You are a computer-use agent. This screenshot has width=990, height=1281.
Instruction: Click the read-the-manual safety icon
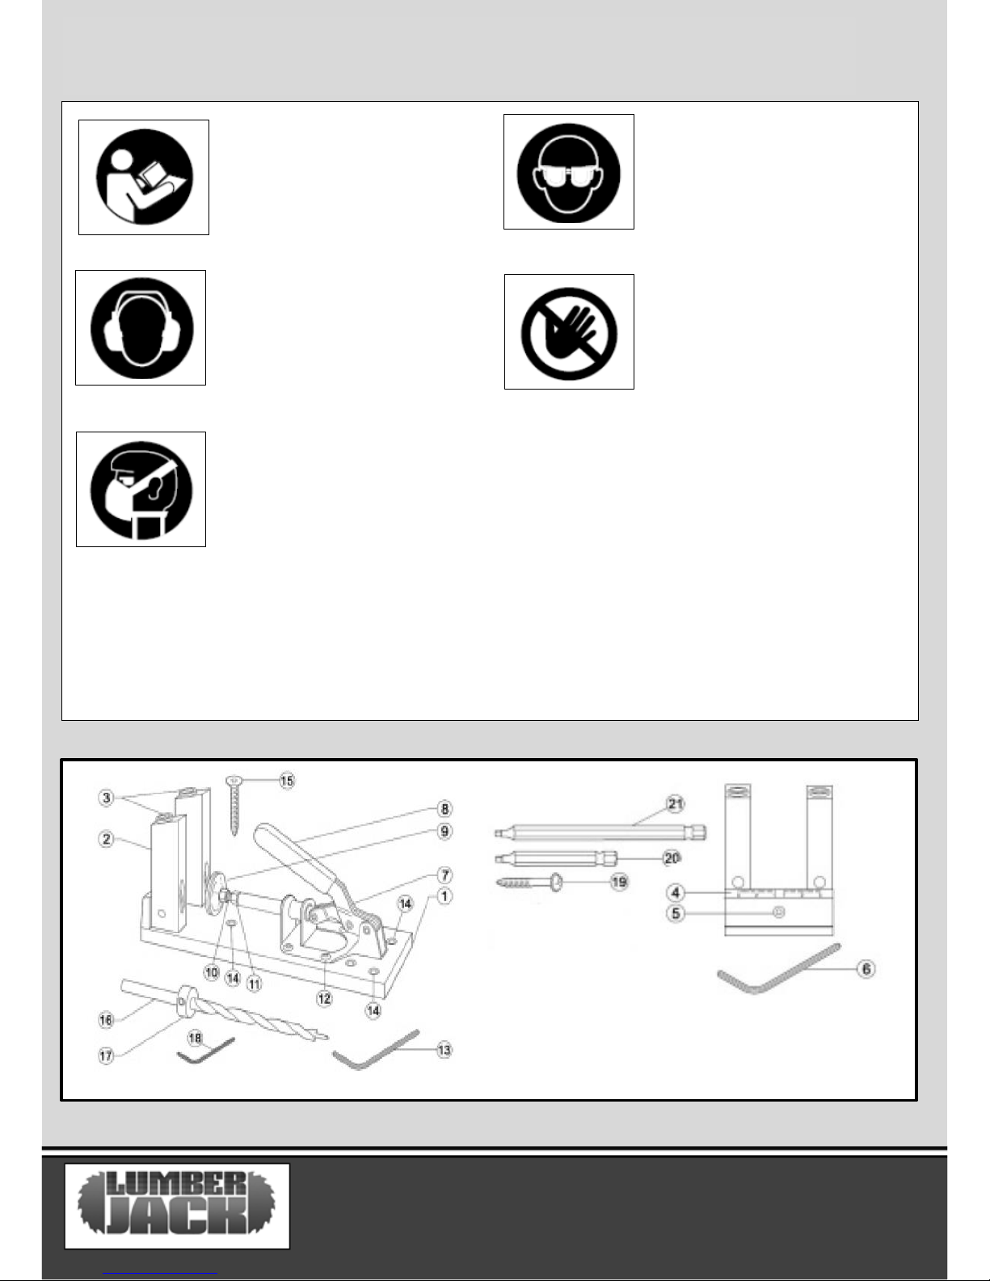click(144, 178)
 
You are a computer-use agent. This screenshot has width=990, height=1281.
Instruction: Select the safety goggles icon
click(568, 171)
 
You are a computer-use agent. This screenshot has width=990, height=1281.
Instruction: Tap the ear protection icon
click(141, 327)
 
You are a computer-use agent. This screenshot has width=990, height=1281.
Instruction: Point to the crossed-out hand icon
click(569, 331)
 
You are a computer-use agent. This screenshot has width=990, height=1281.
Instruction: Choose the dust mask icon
click(141, 489)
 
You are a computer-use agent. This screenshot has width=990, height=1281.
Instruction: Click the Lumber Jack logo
click(177, 1206)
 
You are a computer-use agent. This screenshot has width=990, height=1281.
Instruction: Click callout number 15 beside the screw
click(287, 780)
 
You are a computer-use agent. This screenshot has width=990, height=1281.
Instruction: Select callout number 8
click(444, 809)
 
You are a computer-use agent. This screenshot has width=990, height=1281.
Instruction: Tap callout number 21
click(675, 803)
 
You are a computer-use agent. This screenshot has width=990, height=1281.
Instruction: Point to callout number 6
click(866, 968)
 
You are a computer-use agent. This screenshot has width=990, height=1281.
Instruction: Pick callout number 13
click(444, 1050)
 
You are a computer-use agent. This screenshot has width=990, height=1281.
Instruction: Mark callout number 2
click(107, 839)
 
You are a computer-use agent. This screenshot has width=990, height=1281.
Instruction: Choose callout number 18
click(195, 1037)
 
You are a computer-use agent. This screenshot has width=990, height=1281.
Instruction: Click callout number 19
click(619, 882)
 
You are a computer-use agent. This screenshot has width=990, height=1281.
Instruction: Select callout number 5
click(675, 913)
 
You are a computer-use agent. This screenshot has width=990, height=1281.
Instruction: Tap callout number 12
click(324, 999)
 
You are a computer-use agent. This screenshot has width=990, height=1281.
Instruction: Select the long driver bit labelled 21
click(598, 831)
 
